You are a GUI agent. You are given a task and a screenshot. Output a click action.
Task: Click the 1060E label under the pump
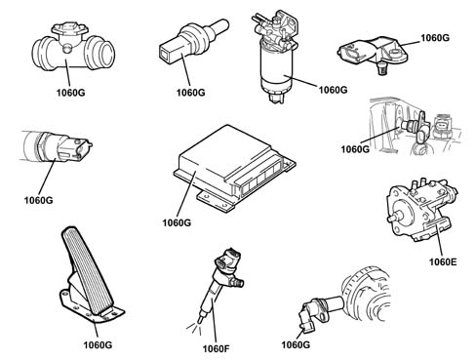[443, 261]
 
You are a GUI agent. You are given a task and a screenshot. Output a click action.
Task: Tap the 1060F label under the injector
[216, 349]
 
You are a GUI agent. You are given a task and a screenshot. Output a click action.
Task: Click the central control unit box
[234, 169]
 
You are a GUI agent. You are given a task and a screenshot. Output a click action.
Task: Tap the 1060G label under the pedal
[98, 345]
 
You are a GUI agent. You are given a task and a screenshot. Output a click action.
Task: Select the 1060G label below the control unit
[177, 222]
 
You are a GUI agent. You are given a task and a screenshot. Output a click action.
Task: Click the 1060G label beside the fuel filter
[333, 90]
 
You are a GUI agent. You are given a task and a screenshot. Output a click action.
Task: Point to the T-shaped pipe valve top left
[73, 46]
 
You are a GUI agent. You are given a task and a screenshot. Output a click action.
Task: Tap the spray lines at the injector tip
[193, 328]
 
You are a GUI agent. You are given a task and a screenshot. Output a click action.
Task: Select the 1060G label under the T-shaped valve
[70, 93]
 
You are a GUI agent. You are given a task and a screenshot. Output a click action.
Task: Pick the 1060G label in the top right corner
[435, 38]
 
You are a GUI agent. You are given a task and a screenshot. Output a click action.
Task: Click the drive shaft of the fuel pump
[393, 218]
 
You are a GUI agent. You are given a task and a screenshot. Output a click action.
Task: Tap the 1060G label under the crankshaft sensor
[296, 344]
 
